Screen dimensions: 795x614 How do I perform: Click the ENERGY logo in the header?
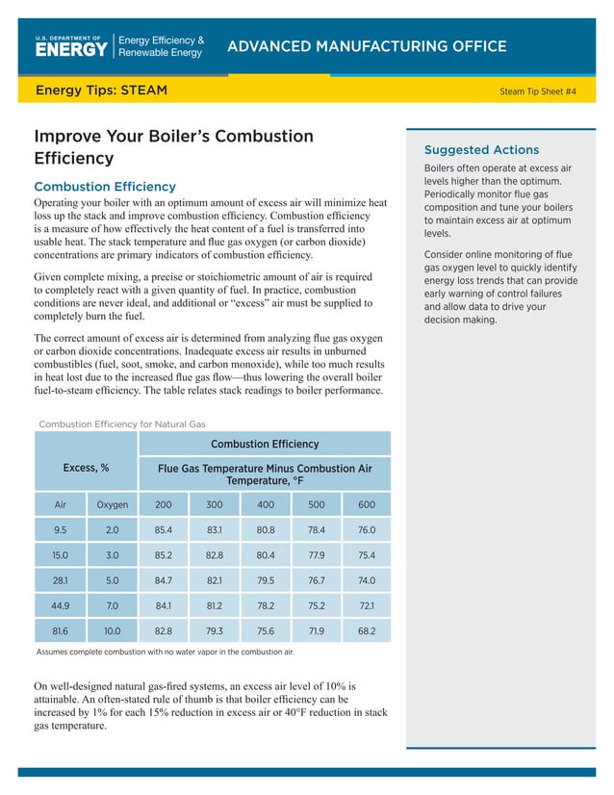[71, 47]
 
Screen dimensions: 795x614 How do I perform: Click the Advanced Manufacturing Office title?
[366, 46]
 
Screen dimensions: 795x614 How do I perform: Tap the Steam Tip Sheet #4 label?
[538, 91]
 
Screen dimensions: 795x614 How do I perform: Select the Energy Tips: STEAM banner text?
[101, 90]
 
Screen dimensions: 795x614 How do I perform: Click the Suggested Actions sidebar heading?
[481, 150]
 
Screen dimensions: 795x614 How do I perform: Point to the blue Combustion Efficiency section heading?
[105, 186]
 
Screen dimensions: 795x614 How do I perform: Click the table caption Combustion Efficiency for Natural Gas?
[121, 424]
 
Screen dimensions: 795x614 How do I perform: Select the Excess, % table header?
[86, 468]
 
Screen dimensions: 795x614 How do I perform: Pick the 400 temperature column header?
[265, 504]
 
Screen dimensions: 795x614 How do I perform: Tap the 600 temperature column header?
[367, 504]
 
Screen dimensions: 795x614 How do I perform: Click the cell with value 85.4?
[164, 529]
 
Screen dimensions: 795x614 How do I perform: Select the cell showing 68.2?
[367, 632]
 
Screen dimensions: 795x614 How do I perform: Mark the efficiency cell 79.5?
[265, 580]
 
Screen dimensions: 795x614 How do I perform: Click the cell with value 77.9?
[316, 555]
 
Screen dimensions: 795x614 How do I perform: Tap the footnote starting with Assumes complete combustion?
[165, 652]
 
